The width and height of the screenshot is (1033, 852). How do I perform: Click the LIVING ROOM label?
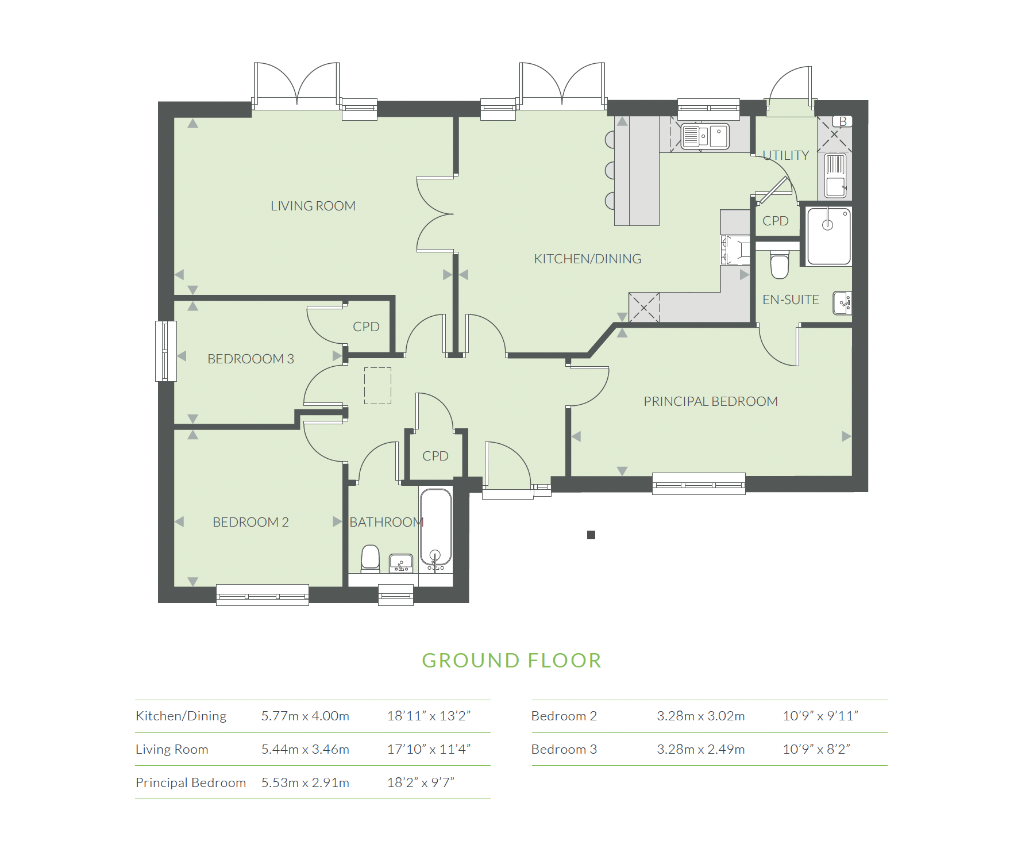313,206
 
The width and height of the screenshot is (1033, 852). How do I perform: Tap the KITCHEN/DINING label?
587,259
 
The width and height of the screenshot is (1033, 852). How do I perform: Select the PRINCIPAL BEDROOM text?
710,401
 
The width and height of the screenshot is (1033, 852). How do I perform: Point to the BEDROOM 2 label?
250,522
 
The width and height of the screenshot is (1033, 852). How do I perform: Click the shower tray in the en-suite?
828,236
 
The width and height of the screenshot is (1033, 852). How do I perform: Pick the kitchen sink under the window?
705,137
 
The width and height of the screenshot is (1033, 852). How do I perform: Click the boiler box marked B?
842,121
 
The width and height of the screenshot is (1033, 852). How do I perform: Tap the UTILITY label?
785,155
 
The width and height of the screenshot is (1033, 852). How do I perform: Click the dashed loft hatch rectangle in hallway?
377,386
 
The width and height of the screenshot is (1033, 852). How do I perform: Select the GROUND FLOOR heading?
511,661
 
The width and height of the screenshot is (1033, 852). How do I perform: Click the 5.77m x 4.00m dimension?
305,716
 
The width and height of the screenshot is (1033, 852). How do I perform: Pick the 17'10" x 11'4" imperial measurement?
429,749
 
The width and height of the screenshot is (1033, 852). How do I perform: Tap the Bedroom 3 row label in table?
564,749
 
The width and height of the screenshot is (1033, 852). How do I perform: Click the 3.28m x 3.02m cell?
700,716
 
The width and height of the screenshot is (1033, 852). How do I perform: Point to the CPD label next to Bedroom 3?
366,327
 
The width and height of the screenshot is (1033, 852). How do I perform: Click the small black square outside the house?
591,535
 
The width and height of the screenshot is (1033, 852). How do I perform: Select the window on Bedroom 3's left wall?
165,351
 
